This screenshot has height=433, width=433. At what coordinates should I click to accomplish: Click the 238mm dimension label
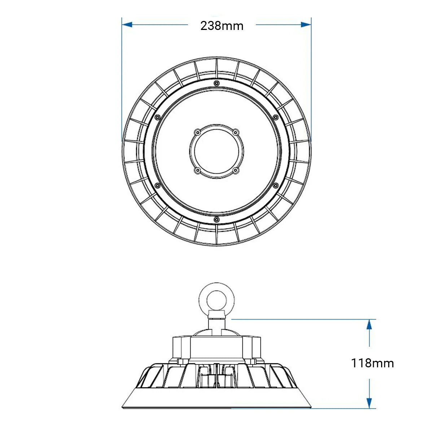(222, 26)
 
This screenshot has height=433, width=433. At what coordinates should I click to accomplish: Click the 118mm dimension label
(372, 363)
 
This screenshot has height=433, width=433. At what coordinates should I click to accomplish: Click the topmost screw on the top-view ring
(216, 83)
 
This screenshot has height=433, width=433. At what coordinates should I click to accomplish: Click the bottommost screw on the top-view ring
(216, 219)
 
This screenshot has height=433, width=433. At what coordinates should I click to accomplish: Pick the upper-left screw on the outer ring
(157, 117)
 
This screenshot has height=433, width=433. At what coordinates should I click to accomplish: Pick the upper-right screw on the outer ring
(276, 117)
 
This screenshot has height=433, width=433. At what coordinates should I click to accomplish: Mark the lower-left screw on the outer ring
(157, 185)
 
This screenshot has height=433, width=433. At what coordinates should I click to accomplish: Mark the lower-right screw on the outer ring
(276, 185)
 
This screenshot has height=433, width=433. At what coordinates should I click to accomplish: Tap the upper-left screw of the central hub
(197, 132)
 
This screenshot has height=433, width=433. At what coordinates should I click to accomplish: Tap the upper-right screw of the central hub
(236, 132)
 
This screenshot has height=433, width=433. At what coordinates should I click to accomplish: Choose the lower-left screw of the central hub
(197, 170)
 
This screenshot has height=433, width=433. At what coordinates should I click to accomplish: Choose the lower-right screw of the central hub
(236, 170)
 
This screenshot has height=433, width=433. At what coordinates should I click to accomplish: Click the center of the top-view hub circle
(216, 151)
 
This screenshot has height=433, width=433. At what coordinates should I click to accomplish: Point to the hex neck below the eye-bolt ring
(216, 315)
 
